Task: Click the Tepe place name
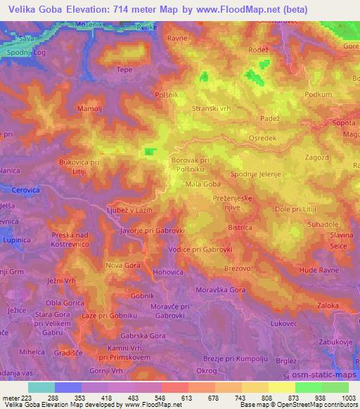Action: pos(124,70)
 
